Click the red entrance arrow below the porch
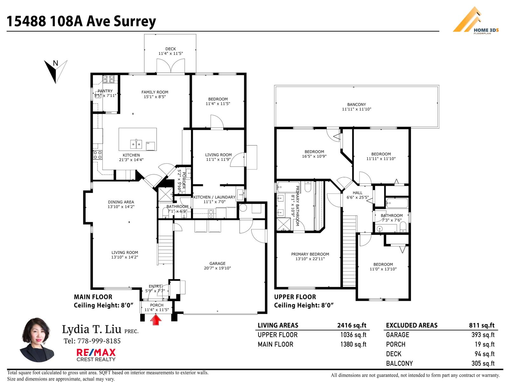click(x=156, y=320)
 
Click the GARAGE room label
click(x=217, y=264)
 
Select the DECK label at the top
click(x=171, y=49)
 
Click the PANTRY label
click(x=105, y=91)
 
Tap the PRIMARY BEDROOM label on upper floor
click(x=310, y=254)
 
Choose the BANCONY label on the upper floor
click(x=356, y=104)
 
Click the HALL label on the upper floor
click(x=357, y=193)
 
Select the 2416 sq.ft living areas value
click(x=352, y=325)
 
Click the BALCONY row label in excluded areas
click(x=399, y=364)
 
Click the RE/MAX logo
click(x=96, y=354)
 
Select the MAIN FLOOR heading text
click(x=93, y=297)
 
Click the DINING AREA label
click(x=121, y=202)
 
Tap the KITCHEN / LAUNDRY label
click(x=214, y=197)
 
